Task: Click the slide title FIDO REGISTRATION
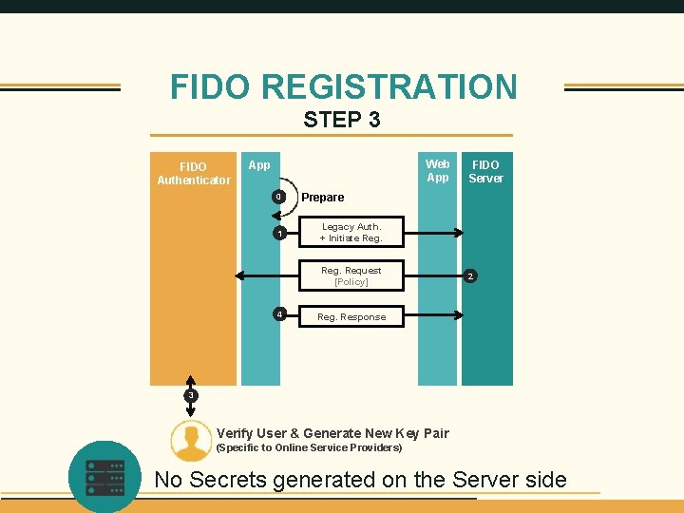click(x=343, y=86)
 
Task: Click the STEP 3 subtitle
click(x=342, y=120)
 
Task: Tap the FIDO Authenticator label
click(x=194, y=173)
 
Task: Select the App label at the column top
click(x=258, y=164)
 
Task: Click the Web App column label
click(x=437, y=171)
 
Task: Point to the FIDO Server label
click(x=485, y=171)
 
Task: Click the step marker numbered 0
click(x=277, y=197)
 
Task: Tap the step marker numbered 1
click(x=277, y=233)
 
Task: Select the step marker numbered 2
click(x=469, y=276)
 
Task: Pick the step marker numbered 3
click(x=191, y=394)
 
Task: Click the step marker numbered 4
click(x=277, y=313)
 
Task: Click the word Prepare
click(x=323, y=198)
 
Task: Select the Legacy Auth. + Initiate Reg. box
click(x=351, y=232)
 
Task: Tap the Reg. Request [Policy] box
click(x=351, y=275)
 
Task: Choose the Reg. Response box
click(x=351, y=316)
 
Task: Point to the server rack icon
click(x=104, y=475)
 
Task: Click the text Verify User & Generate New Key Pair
click(x=332, y=433)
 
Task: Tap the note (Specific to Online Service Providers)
click(x=309, y=447)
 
